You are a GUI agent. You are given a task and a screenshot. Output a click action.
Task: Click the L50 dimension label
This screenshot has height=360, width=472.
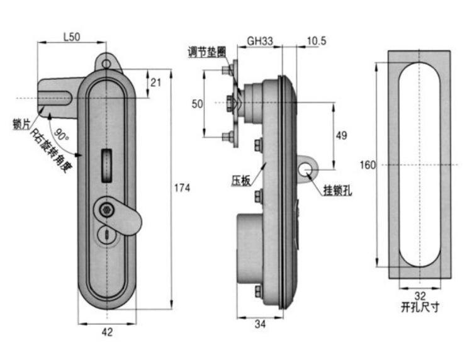click(72, 37)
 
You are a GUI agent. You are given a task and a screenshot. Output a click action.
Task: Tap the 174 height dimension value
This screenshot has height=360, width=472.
click(182, 188)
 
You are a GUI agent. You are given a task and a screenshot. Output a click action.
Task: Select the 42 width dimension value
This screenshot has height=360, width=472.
click(107, 332)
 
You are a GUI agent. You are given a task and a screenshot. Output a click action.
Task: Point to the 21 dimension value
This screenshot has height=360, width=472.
click(156, 82)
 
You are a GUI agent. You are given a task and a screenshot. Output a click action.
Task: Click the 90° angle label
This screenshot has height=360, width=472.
click(62, 134)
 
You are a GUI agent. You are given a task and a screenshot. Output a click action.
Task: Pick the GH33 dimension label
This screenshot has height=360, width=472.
click(260, 41)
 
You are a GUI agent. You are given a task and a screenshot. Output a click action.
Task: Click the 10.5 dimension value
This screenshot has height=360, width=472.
click(316, 41)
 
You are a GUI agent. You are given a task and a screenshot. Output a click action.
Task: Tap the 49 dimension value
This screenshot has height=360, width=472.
click(341, 135)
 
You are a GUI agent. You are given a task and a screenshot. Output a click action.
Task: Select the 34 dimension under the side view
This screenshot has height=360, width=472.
click(260, 324)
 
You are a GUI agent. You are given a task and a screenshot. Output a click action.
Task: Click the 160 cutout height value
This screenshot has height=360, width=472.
click(368, 165)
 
